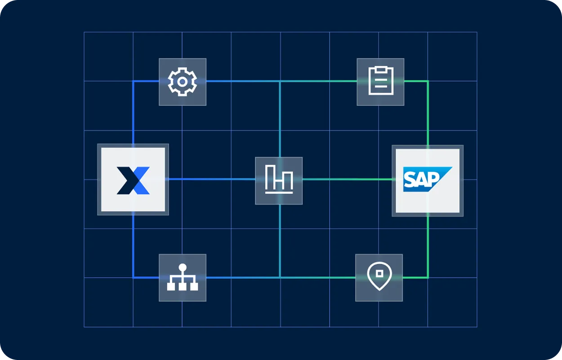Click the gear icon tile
[x=182, y=82]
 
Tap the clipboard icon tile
[x=380, y=82]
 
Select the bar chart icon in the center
[x=279, y=180]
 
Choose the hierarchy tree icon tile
[x=182, y=278]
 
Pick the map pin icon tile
[x=379, y=278]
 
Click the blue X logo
[x=133, y=180]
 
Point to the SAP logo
[x=427, y=180]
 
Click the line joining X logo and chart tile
[x=211, y=179]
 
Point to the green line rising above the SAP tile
[x=428, y=112]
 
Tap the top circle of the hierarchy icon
[x=182, y=268]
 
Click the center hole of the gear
[x=182, y=82]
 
